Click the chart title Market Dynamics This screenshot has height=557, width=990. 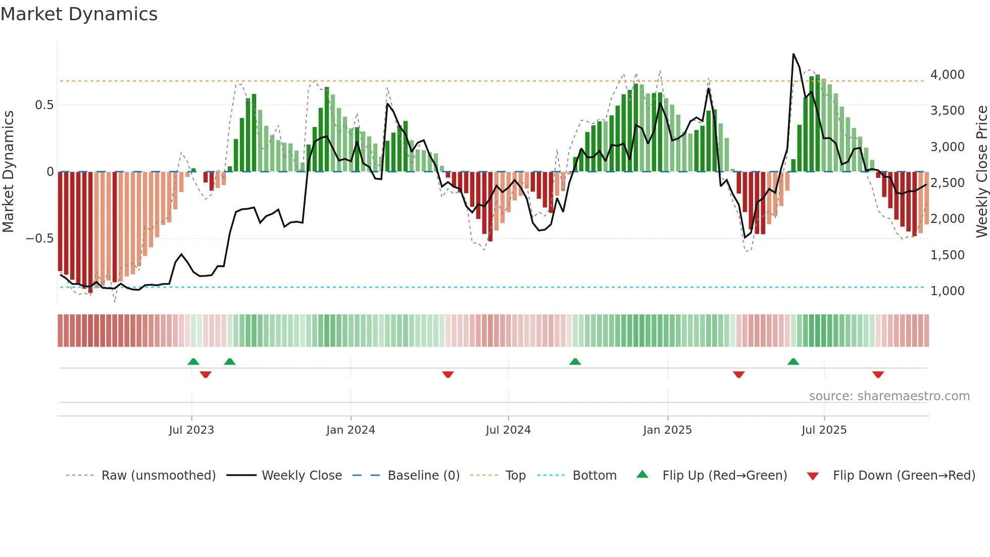tap(79, 14)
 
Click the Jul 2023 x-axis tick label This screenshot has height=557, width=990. tap(191, 430)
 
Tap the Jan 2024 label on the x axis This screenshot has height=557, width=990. tap(351, 430)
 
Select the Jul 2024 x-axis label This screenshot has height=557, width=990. tap(508, 430)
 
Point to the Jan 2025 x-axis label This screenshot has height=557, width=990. tap(667, 430)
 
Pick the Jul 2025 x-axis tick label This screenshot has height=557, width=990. tap(824, 430)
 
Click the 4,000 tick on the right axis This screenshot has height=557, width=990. tap(947, 75)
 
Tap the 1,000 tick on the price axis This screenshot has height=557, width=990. tap(947, 291)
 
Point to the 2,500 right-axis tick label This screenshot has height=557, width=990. tap(947, 183)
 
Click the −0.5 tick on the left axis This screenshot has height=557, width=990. tap(39, 239)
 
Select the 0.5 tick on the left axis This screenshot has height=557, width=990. tap(44, 105)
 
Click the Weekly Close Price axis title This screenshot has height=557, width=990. tap(981, 172)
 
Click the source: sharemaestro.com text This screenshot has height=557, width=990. tap(889, 396)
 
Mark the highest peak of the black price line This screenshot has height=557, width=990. tap(794, 54)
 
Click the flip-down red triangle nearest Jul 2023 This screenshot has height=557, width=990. tap(206, 375)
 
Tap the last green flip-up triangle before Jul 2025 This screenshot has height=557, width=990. tap(793, 361)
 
